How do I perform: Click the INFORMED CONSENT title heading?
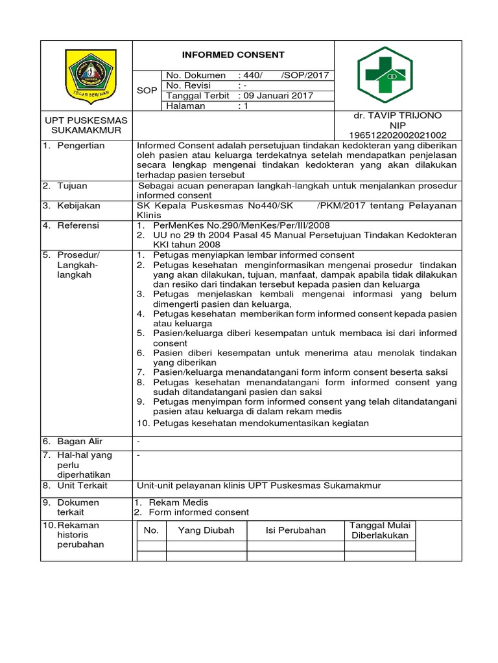[232, 54]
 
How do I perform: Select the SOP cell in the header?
[147, 91]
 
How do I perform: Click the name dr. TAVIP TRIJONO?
[397, 115]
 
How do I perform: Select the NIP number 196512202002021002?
[397, 135]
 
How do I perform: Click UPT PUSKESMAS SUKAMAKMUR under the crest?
[86, 125]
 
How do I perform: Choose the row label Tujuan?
[74, 186]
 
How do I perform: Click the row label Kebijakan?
[79, 205]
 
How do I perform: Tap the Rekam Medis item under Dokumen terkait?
[175, 502]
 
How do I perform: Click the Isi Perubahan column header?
[296, 530]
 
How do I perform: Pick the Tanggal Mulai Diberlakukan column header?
[379, 530]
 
